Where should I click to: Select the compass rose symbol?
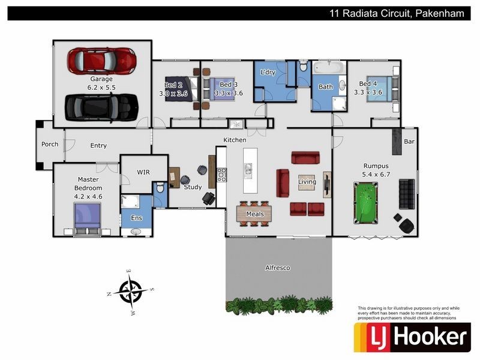click(x=130, y=292)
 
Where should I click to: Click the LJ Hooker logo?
click(x=412, y=337)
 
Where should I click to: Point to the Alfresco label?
click(x=277, y=268)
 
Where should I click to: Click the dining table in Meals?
click(x=255, y=212)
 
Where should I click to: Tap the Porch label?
click(x=50, y=145)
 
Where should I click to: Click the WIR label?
click(x=143, y=172)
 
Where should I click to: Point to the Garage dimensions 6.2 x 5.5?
click(x=101, y=87)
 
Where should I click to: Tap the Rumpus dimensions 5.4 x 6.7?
click(x=376, y=175)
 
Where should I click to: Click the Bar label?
click(x=409, y=142)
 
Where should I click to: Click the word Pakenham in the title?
click(x=439, y=13)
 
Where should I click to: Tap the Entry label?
click(x=98, y=145)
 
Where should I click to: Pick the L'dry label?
click(x=268, y=72)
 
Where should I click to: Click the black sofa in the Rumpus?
click(x=407, y=194)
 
